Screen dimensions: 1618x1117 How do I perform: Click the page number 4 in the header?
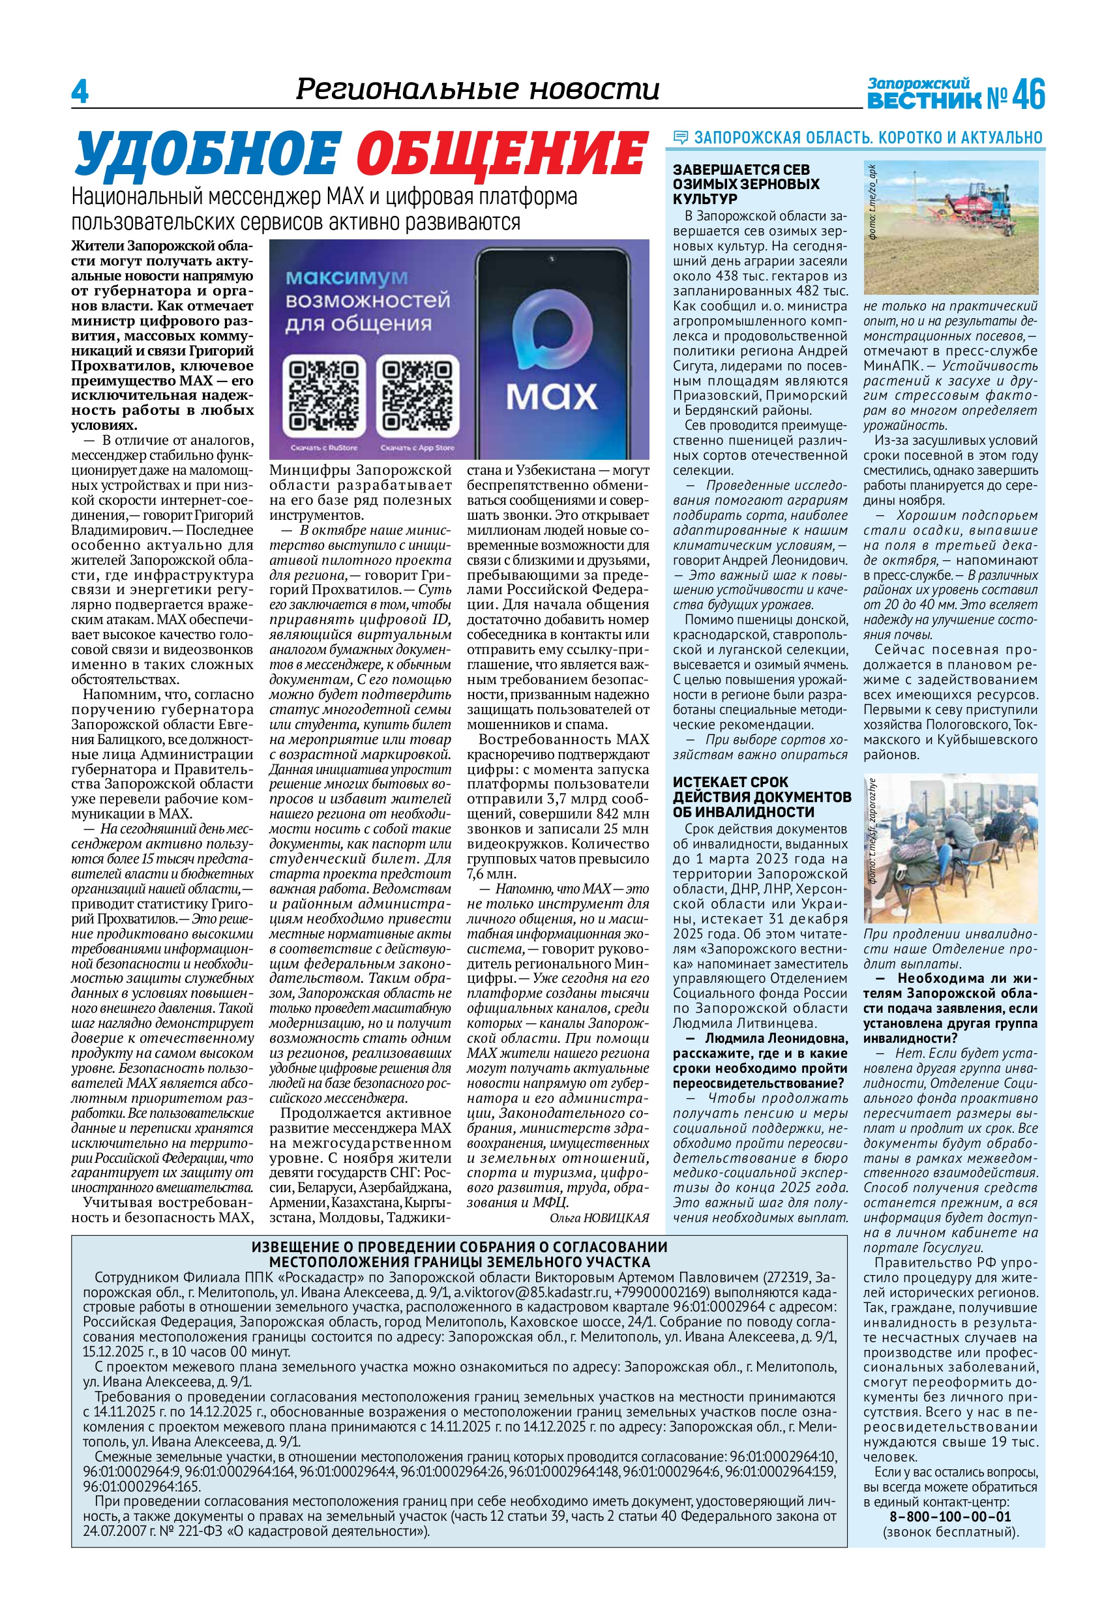(x=80, y=92)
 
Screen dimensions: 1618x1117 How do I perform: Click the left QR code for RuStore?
(x=323, y=395)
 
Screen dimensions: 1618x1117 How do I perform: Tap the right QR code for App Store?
(x=417, y=395)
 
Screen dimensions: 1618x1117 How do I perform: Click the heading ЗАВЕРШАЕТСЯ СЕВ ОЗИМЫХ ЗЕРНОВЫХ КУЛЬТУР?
(x=746, y=184)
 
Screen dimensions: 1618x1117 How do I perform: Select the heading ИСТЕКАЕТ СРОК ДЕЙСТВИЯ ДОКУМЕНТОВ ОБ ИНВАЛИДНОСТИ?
(x=762, y=797)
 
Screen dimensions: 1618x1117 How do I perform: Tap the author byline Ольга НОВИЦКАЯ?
(x=599, y=1218)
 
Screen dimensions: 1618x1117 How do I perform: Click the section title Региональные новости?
(x=477, y=89)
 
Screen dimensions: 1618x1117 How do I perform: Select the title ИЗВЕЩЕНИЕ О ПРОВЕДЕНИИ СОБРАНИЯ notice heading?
(x=459, y=1254)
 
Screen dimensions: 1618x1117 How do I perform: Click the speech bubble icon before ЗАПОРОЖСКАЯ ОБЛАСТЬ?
(x=679, y=138)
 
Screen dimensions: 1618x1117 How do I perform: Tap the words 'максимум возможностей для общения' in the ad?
(x=366, y=301)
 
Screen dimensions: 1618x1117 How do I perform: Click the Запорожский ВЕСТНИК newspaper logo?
(x=923, y=94)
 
